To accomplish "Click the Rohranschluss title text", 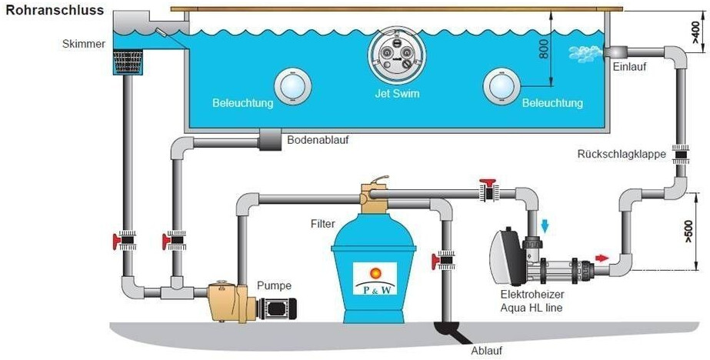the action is click(55, 10).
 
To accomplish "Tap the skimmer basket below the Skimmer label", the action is click(128, 62).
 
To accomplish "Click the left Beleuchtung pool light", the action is click(293, 85).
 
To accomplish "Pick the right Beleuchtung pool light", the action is click(502, 86).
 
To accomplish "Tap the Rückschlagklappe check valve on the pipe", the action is click(680, 155).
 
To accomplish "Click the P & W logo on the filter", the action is click(375, 278).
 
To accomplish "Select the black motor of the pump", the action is click(277, 308).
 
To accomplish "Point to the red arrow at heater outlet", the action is click(602, 258).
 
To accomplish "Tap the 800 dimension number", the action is click(545, 48).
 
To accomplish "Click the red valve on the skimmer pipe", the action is click(124, 242).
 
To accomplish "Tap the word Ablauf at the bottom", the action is click(486, 351).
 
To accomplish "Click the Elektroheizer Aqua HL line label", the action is click(532, 301).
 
